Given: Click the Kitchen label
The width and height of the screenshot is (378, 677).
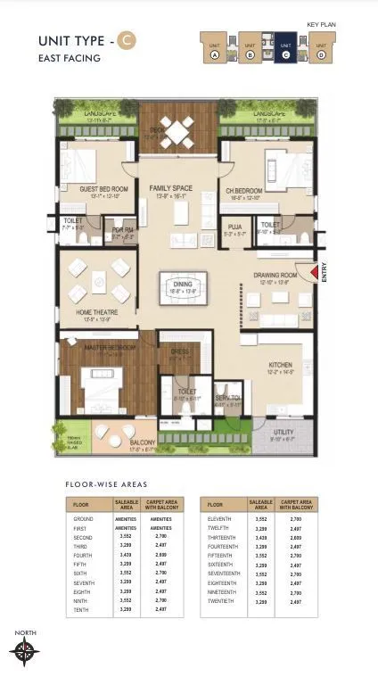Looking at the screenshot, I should tap(282, 366).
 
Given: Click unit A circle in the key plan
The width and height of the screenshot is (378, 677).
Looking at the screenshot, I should tap(215, 54).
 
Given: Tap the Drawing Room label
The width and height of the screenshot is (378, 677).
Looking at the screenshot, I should tap(275, 276).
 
